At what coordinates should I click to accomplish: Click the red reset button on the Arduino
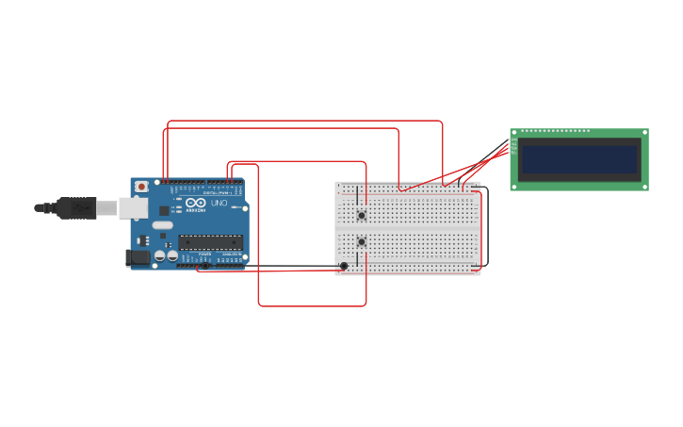click(142, 186)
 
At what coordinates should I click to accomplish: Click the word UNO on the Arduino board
click(219, 204)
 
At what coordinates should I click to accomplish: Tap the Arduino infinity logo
click(196, 204)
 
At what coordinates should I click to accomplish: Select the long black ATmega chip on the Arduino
click(211, 242)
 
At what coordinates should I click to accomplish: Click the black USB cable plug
click(75, 207)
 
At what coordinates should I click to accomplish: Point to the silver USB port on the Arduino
click(132, 207)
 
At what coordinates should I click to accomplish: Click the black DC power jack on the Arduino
click(138, 256)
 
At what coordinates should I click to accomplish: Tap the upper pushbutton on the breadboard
click(362, 216)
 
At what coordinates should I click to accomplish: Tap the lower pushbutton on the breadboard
click(362, 242)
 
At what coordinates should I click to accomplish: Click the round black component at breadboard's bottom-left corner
click(344, 266)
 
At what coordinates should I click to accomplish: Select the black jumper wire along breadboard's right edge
click(487, 226)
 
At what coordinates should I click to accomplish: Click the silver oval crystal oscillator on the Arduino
click(162, 225)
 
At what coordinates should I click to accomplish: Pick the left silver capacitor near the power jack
click(160, 255)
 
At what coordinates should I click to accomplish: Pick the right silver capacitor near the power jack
click(172, 255)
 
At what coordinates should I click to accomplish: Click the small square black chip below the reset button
click(163, 209)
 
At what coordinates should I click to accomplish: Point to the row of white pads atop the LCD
click(556, 131)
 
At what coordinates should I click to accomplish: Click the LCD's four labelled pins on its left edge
click(514, 146)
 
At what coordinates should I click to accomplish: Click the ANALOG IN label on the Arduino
click(231, 255)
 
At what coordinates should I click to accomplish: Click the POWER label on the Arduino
click(205, 255)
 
